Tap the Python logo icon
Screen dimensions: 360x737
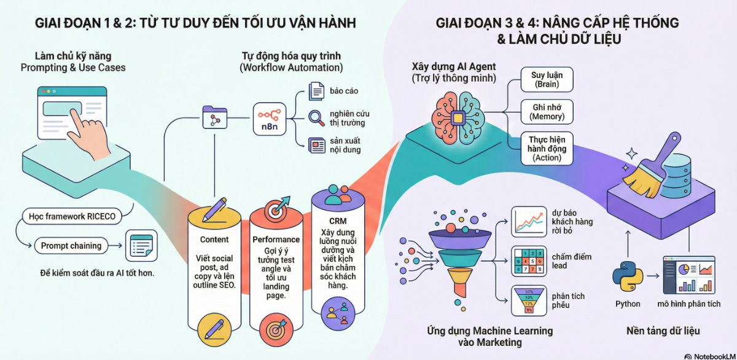(x=627, y=275)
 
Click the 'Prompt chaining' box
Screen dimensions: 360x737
(x=71, y=246)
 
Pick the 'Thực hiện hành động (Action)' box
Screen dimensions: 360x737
(x=547, y=148)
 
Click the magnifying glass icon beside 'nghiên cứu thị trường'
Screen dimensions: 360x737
(x=316, y=117)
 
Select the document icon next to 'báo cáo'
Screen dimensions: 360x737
(x=316, y=92)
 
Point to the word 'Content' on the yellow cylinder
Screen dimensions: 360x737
(x=214, y=240)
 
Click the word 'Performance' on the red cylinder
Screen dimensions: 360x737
(x=276, y=239)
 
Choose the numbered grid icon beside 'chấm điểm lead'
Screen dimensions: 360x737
(x=528, y=260)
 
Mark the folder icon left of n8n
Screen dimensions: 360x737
(x=215, y=117)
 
